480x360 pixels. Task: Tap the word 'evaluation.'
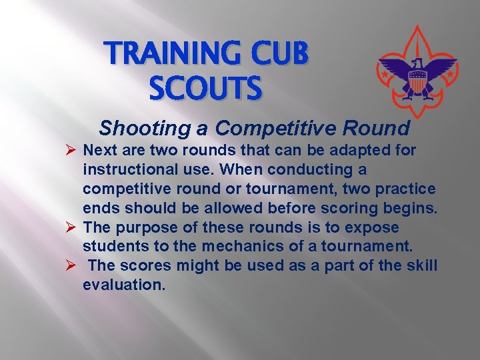pyautogui.click(x=123, y=285)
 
